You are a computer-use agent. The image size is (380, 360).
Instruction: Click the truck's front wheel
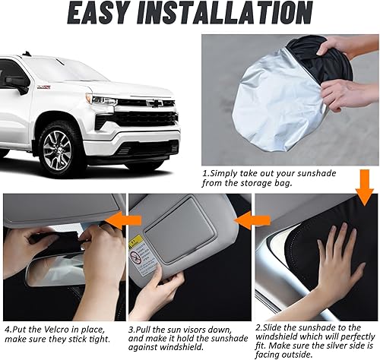coord(55,151)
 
